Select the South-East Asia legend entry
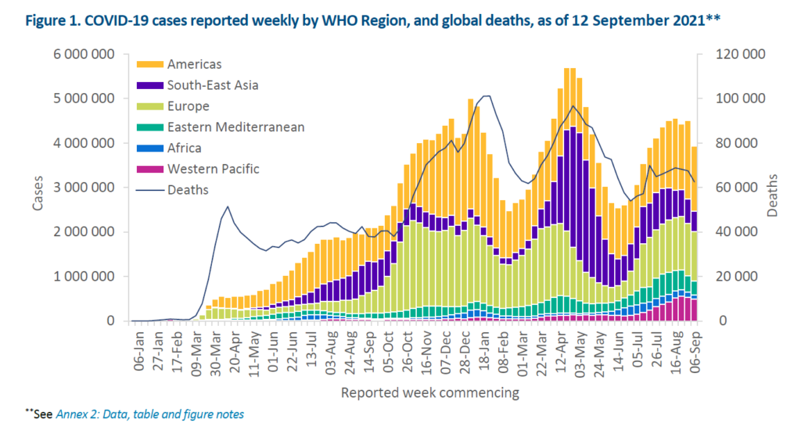pyautogui.click(x=211, y=85)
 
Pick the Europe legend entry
pyautogui.click(x=187, y=106)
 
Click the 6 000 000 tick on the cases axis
pyautogui.click(x=84, y=54)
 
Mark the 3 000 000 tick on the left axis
pyautogui.click(x=84, y=188)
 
